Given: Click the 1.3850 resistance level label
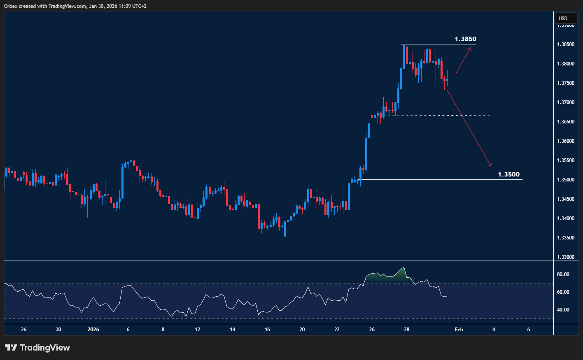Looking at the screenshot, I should (x=465, y=39).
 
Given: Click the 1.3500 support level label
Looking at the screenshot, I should (x=508, y=174).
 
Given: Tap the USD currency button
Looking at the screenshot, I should (x=563, y=18).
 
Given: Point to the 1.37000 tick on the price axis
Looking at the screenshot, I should (x=566, y=102).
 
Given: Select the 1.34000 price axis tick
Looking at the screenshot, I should (x=566, y=218).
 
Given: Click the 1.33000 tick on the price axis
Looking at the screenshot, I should (x=566, y=257).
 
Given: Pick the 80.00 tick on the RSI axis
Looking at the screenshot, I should (x=563, y=274).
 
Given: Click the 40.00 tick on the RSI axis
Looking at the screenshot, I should (x=563, y=310).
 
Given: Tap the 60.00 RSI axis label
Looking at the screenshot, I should (x=563, y=292).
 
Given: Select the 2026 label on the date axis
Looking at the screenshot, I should (x=93, y=330).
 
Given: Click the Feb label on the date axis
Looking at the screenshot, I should (x=459, y=330).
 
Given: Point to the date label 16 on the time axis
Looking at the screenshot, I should (x=268, y=330).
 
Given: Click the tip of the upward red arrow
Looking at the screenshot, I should (x=471, y=49).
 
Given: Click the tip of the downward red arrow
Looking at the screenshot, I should (x=491, y=166).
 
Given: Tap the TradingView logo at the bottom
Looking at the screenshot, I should (x=37, y=348).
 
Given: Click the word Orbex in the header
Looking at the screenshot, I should (x=11, y=6).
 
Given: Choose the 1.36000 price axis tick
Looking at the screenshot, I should (x=566, y=141).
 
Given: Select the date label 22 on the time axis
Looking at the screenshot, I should (x=337, y=330).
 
